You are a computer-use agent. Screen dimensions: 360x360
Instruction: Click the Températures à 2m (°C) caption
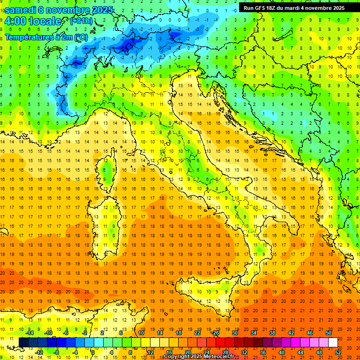pos(46,37)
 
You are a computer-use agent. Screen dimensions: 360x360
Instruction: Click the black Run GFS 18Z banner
pos(294,8)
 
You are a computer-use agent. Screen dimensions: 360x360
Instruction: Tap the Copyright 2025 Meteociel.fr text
pos(199,357)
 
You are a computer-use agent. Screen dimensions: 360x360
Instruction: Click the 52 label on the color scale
pos(338,352)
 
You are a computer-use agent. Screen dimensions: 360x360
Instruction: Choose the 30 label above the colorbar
pos(235,333)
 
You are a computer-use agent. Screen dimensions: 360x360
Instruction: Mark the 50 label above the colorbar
pos(329,333)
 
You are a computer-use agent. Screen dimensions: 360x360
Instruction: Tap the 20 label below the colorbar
pos(187,352)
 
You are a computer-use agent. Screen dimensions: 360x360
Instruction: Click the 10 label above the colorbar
pos(141,333)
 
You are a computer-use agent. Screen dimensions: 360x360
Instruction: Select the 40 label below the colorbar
pos(282,352)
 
